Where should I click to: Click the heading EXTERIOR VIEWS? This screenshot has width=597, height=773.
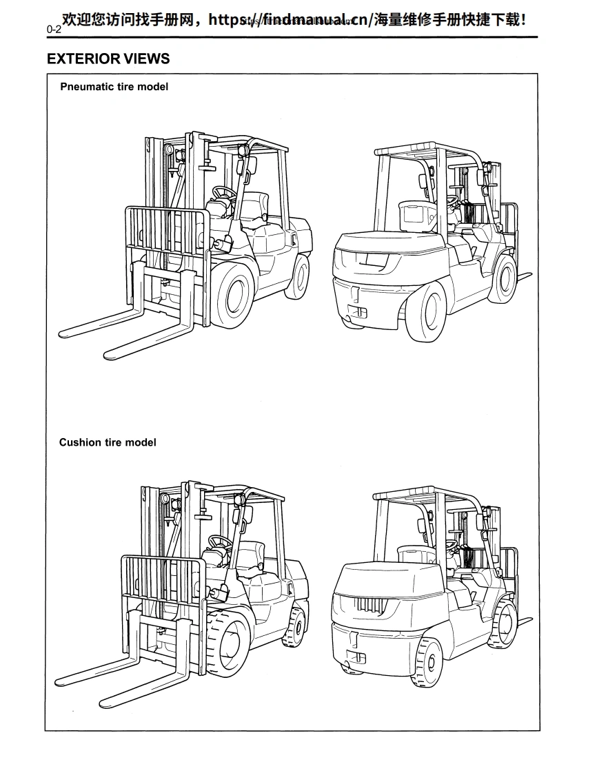click(108, 59)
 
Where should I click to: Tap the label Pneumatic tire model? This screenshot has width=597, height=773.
click(114, 87)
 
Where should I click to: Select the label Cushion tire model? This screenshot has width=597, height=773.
click(108, 442)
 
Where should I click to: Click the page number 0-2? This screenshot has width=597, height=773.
click(54, 30)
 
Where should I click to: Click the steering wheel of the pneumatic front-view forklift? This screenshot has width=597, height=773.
click(223, 192)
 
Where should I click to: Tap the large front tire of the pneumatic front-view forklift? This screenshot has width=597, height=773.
click(234, 294)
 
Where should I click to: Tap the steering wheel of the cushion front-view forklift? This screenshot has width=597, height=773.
click(219, 542)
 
